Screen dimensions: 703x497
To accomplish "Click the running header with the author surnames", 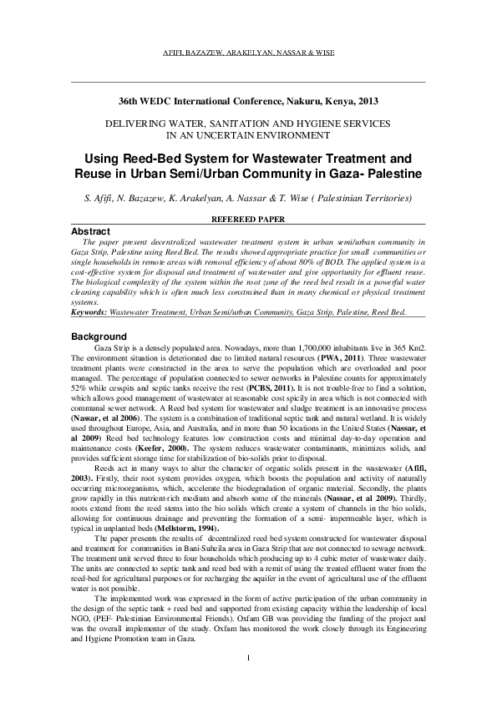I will (248, 52).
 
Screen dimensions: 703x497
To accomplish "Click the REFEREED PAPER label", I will (248, 218).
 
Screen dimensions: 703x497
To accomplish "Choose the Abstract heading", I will (90, 230).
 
